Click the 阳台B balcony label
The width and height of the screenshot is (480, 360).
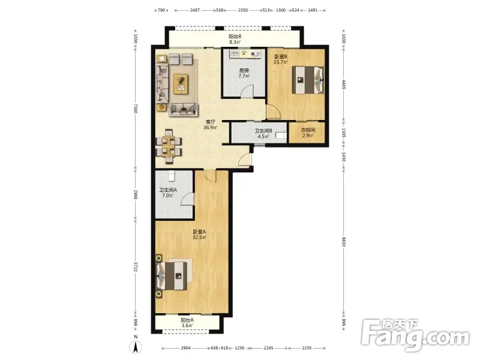pos(235,36)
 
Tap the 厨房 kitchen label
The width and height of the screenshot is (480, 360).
pos(244,70)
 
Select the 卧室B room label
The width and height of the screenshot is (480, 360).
pos(280,56)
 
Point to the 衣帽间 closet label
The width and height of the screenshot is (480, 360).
pos(308,130)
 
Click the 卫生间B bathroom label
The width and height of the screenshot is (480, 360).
pos(263,131)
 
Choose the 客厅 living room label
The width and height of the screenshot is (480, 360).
pos(211,122)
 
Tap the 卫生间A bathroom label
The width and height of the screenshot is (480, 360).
pos(168,190)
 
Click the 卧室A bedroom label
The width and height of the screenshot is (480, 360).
pos(199,232)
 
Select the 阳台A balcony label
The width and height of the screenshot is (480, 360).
pos(187,320)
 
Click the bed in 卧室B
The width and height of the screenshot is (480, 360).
pos(308,80)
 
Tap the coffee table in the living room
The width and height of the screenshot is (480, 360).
pos(181,84)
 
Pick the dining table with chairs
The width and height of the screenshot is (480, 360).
pos(169,146)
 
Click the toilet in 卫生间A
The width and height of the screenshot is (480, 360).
pos(172,175)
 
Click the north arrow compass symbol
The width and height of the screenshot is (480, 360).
pos(136,347)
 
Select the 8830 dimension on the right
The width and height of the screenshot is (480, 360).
pos(343,242)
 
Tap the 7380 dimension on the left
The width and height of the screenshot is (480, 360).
pos(136,109)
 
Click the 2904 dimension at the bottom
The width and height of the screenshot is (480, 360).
pos(185,348)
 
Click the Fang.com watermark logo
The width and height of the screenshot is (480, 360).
pos(415,335)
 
